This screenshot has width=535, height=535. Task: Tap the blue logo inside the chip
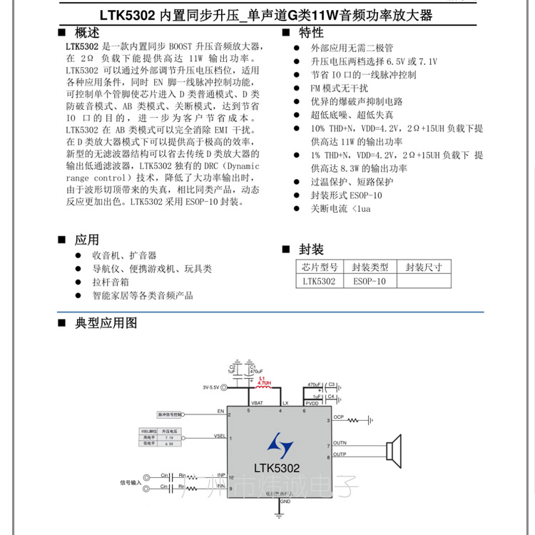pyautogui.click(x=280, y=445)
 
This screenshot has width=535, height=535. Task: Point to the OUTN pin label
pyautogui.click(x=339, y=443)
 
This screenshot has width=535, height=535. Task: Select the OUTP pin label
pyautogui.click(x=339, y=454)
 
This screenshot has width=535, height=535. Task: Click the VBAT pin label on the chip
pyautogui.click(x=255, y=404)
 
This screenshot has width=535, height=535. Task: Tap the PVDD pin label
pyautogui.click(x=313, y=404)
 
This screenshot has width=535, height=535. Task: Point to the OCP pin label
pyautogui.click(x=338, y=417)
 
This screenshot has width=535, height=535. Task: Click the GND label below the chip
pyautogui.click(x=285, y=502)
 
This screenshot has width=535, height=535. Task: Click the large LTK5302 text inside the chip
pyautogui.click(x=277, y=468)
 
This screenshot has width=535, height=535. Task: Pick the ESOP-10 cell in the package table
pyautogui.click(x=369, y=281)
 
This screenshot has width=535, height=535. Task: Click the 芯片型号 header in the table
pyautogui.click(x=319, y=267)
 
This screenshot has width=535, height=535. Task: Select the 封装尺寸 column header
pyautogui.click(x=424, y=267)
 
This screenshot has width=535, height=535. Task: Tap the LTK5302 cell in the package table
pyautogui.click(x=319, y=281)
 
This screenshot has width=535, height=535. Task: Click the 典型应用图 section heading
pyautogui.click(x=106, y=323)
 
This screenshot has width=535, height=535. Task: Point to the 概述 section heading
pyautogui.click(x=87, y=33)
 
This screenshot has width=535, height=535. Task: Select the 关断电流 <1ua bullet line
pyautogui.click(x=340, y=209)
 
